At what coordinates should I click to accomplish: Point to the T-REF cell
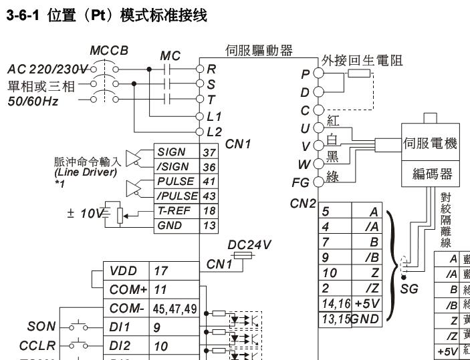pos(176,210)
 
